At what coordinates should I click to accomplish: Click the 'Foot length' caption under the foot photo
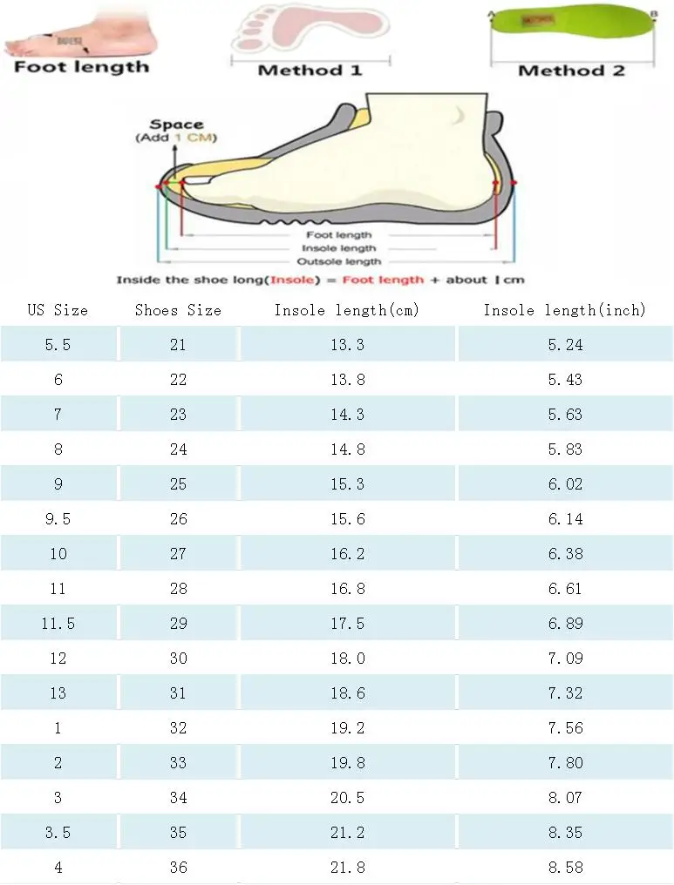pyautogui.click(x=82, y=67)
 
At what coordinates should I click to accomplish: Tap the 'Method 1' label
pyautogui.click(x=310, y=70)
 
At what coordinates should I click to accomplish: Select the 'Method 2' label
pyautogui.click(x=571, y=71)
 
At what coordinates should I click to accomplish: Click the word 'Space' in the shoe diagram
pyautogui.click(x=176, y=125)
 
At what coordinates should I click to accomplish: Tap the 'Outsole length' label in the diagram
pyautogui.click(x=339, y=261)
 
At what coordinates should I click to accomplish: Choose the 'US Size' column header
pyautogui.click(x=58, y=310)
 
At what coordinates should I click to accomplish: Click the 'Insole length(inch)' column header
pyautogui.click(x=565, y=310)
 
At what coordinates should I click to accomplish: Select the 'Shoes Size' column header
pyautogui.click(x=178, y=310)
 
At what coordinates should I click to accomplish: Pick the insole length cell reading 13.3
pyautogui.click(x=347, y=345)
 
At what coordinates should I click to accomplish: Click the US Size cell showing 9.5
pyautogui.click(x=58, y=519)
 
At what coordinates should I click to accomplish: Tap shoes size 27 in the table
pyautogui.click(x=178, y=554)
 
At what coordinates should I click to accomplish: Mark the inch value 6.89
pyautogui.click(x=565, y=624)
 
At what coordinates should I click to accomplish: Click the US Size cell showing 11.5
pyautogui.click(x=58, y=624)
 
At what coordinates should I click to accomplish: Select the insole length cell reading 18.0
pyautogui.click(x=347, y=659)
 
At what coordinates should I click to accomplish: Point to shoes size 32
pyautogui.click(x=178, y=728)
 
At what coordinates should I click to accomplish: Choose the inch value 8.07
pyautogui.click(x=565, y=798)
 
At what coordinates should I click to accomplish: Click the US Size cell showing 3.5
pyautogui.click(x=58, y=833)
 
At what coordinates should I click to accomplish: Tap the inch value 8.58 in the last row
pyautogui.click(x=565, y=868)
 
